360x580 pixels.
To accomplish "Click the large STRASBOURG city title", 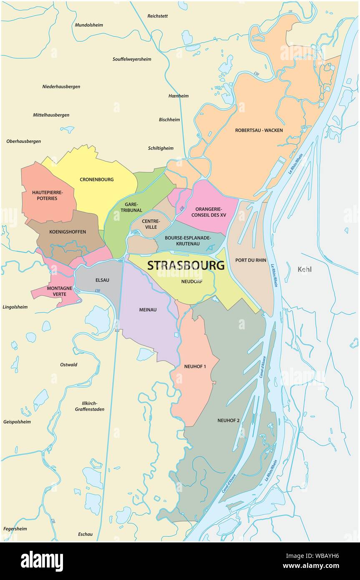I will tap(186, 265).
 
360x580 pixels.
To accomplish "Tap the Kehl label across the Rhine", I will tap(305, 270).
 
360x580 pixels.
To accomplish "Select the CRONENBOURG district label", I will tap(96, 180).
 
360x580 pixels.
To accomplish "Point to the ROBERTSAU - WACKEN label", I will tap(259, 130).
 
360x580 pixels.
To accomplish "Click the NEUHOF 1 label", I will tap(195, 367).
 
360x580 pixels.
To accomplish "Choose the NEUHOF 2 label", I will tap(228, 420).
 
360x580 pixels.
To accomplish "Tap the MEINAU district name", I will tap(148, 310).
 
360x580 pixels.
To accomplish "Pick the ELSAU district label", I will tap(102, 280).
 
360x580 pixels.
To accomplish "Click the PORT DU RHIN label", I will tap(251, 260).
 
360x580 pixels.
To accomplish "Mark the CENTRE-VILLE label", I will tap(149, 224).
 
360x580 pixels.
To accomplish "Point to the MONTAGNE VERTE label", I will tap(60, 291).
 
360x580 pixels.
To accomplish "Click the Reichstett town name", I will tap(158, 16).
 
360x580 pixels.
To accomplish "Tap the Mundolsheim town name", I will tap(89, 25).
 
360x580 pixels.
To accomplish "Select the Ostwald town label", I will tap(69, 365).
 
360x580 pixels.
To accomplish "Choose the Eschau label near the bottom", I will tap(85, 534).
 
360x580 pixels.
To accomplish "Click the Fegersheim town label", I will tap(15, 529).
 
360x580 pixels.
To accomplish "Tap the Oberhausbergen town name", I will tap(24, 141).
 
